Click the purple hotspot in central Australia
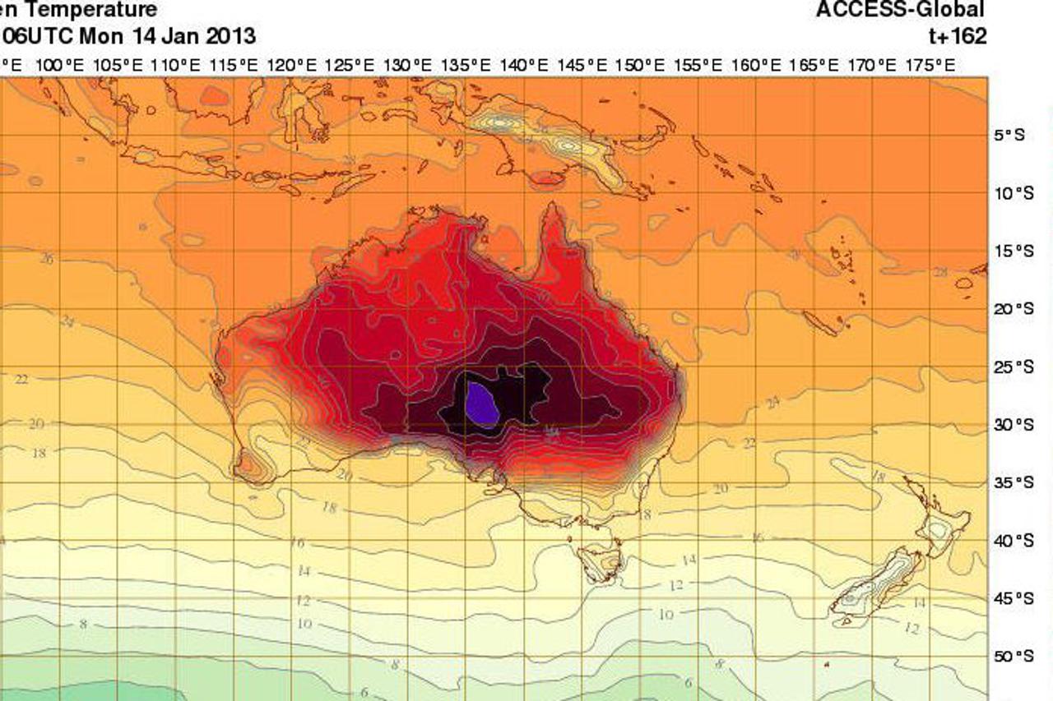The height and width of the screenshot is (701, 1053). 481,403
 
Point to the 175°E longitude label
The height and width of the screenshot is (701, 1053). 934,65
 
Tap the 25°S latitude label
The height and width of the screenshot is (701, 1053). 1013,367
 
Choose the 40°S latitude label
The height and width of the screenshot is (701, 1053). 1013,541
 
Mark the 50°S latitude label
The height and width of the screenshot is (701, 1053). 1013,657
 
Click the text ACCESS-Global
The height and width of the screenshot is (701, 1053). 900,10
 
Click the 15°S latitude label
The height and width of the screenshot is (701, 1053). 1013,251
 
